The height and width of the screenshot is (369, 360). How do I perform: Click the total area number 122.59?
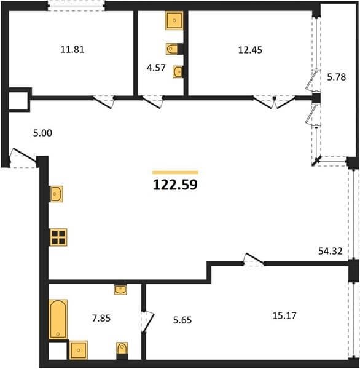[175, 184]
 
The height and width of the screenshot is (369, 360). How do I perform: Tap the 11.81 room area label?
[72, 50]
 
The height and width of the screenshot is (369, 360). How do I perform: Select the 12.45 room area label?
[250, 50]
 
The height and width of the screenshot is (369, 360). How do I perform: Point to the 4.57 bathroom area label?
[156, 68]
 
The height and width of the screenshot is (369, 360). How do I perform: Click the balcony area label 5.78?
[337, 77]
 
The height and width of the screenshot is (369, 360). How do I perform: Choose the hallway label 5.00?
[42, 133]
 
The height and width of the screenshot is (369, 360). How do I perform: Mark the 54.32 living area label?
[330, 251]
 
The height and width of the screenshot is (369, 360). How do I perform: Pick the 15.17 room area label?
[284, 315]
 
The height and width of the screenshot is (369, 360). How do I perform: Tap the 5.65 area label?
[182, 320]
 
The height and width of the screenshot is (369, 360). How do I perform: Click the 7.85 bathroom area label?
[101, 318]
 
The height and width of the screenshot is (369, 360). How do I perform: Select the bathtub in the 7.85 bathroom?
[58, 319]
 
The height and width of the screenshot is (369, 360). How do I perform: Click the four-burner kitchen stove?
[58, 237]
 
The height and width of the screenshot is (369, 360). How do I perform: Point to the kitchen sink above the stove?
[57, 194]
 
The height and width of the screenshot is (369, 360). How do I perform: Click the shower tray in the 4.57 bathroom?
[174, 20]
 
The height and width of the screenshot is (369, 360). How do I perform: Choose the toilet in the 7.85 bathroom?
[122, 349]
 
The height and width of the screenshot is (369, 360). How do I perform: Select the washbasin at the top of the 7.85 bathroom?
[120, 290]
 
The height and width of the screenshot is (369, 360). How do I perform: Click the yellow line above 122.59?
[176, 172]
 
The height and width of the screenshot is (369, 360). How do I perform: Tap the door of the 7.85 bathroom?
[147, 322]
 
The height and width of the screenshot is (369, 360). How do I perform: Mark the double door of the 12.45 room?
[274, 102]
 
